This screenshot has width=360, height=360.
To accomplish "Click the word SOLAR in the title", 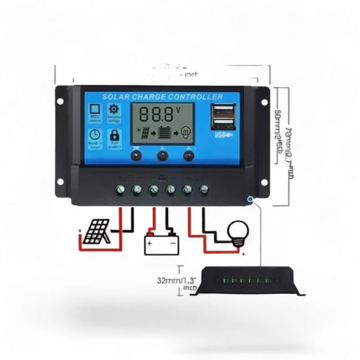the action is pos(115,97).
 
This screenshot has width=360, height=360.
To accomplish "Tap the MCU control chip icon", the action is pos(95,111).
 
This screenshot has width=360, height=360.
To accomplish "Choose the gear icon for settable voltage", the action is pos(114,110).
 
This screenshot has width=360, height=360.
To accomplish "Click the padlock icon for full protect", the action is pos(114,135).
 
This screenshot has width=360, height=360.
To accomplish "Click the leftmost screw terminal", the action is pos(121,189).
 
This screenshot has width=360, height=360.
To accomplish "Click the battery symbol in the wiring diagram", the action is pos(161,243).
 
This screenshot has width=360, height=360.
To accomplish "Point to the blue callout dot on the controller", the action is pos(250,199).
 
